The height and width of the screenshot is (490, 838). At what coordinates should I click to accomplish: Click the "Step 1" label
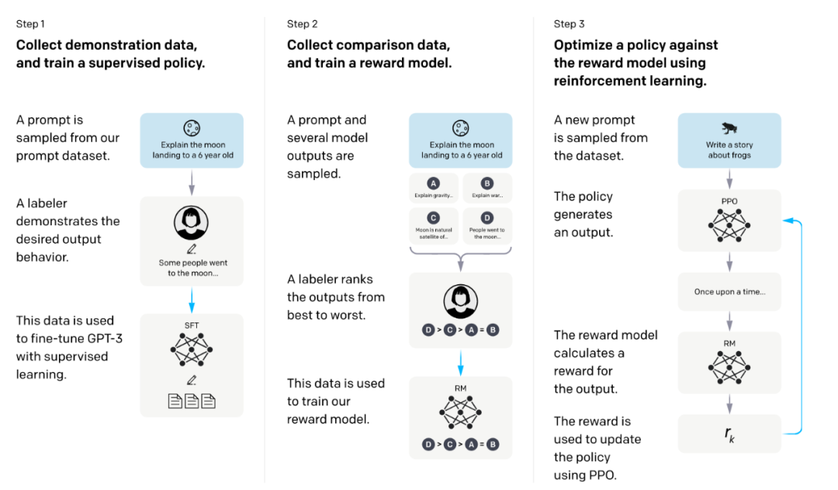pos(30,24)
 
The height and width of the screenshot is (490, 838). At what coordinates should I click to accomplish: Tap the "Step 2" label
pos(302,24)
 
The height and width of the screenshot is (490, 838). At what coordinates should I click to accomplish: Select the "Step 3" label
pos(570,24)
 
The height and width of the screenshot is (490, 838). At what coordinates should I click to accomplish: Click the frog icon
pos(729,128)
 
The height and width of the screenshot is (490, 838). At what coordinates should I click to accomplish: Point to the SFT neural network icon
pos(192,350)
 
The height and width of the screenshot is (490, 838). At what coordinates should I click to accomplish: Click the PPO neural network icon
pos(729,225)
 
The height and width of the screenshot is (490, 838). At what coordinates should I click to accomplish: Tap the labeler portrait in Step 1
pos(191,223)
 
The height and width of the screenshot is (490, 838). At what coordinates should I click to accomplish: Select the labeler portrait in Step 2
pos(461,301)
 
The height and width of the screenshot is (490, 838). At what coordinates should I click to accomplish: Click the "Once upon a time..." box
pos(729,291)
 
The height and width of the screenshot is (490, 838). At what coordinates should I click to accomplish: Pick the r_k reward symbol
pos(729,434)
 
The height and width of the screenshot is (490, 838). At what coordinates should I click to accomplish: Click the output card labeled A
pos(434,188)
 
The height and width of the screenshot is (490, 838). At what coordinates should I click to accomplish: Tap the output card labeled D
pos(487,226)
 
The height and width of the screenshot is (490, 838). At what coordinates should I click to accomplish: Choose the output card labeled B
pos(487,188)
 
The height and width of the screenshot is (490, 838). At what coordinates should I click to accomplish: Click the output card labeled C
pos(434,226)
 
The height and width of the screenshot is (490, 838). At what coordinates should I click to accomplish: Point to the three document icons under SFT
pos(192,401)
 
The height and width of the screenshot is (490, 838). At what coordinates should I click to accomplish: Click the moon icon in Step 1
pos(192,128)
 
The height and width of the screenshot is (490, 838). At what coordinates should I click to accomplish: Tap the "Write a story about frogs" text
pos(729,150)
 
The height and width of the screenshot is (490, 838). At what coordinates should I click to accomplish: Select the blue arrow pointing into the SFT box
pos(192,300)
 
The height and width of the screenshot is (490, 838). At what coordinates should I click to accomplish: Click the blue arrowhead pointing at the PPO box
pos(787,220)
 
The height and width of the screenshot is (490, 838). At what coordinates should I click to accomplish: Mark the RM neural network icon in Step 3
pos(729,367)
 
